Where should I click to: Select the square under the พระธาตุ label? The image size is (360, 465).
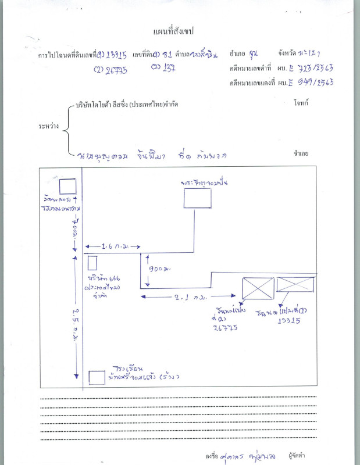point(198,199)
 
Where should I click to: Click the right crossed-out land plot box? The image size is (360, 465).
point(295,285)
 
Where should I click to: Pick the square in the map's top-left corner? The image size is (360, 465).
point(68,187)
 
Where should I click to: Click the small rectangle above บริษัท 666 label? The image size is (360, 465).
point(92,263)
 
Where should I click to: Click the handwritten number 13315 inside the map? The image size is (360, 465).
point(289,321)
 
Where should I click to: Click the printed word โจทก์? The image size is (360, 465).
point(301,103)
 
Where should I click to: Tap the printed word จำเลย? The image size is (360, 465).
point(301,154)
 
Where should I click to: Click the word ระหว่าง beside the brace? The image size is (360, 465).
point(48,125)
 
